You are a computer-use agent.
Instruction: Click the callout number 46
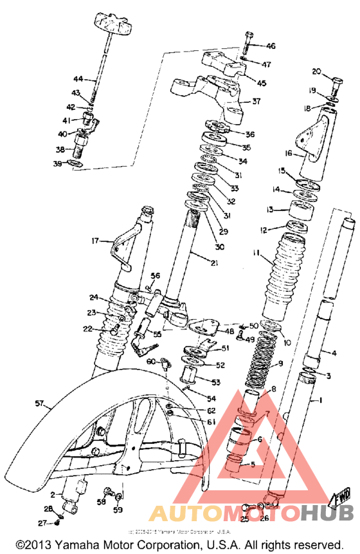coord(270,46)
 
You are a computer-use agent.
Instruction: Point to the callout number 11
coord(256,255)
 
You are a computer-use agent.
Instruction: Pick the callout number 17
coord(96,241)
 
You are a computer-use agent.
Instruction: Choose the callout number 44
coord(78,78)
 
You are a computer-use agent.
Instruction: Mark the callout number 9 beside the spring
coord(280,364)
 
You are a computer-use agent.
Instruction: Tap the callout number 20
coord(316,71)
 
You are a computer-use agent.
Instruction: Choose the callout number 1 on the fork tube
coord(316,400)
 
